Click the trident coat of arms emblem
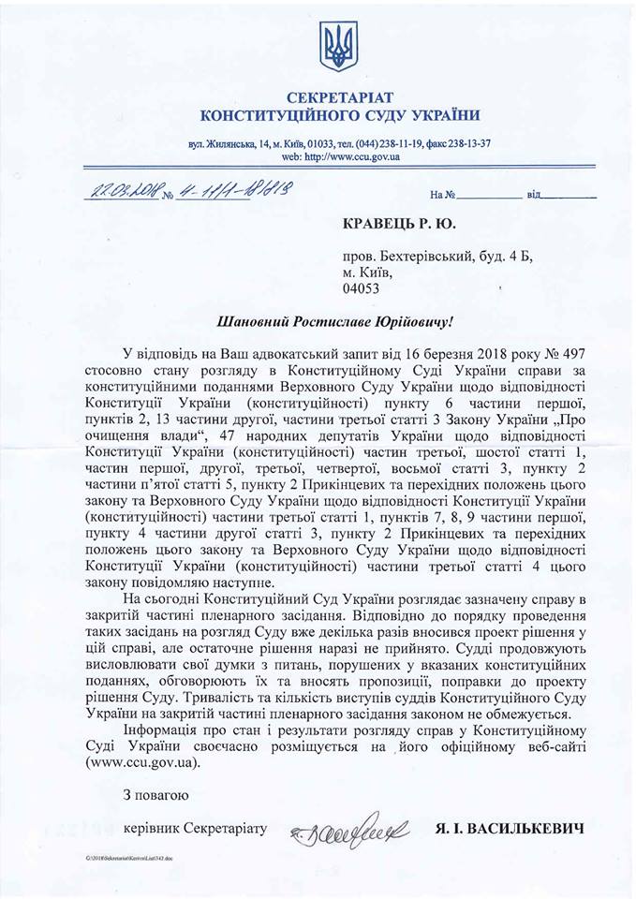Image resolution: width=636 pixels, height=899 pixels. tap(338, 44)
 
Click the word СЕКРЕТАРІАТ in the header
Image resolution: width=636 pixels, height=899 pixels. tap(340, 97)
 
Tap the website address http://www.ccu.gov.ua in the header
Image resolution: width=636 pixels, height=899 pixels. tap(353, 156)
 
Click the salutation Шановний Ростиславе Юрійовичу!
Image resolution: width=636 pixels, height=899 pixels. tap(335, 321)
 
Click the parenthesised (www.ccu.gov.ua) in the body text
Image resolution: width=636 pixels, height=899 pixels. tap(142, 762)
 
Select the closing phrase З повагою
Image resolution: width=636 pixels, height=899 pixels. tap(155, 795)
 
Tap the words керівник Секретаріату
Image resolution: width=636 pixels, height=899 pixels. tap(195, 829)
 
